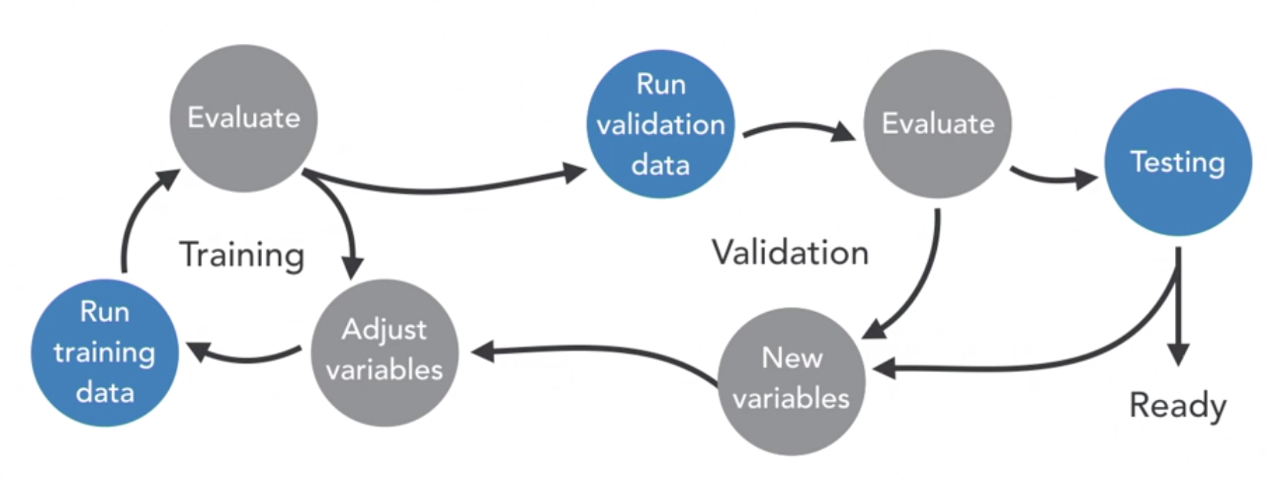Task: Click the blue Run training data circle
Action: coord(105,352)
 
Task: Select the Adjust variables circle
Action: coord(384,352)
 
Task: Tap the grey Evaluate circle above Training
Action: coord(244,118)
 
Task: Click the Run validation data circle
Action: coord(661,124)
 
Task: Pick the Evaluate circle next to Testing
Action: coord(937,124)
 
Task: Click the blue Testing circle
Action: coord(1178,162)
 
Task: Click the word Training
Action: coord(242,254)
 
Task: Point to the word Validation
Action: coord(790,253)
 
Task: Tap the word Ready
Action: coord(1178,405)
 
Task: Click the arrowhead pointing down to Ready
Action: coord(1178,353)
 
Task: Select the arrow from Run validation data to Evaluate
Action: coord(798,128)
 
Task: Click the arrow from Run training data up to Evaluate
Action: coord(134,219)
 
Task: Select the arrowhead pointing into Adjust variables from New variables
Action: coord(483,351)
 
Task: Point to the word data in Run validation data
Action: coord(661,165)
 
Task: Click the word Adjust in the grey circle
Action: coord(384,330)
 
